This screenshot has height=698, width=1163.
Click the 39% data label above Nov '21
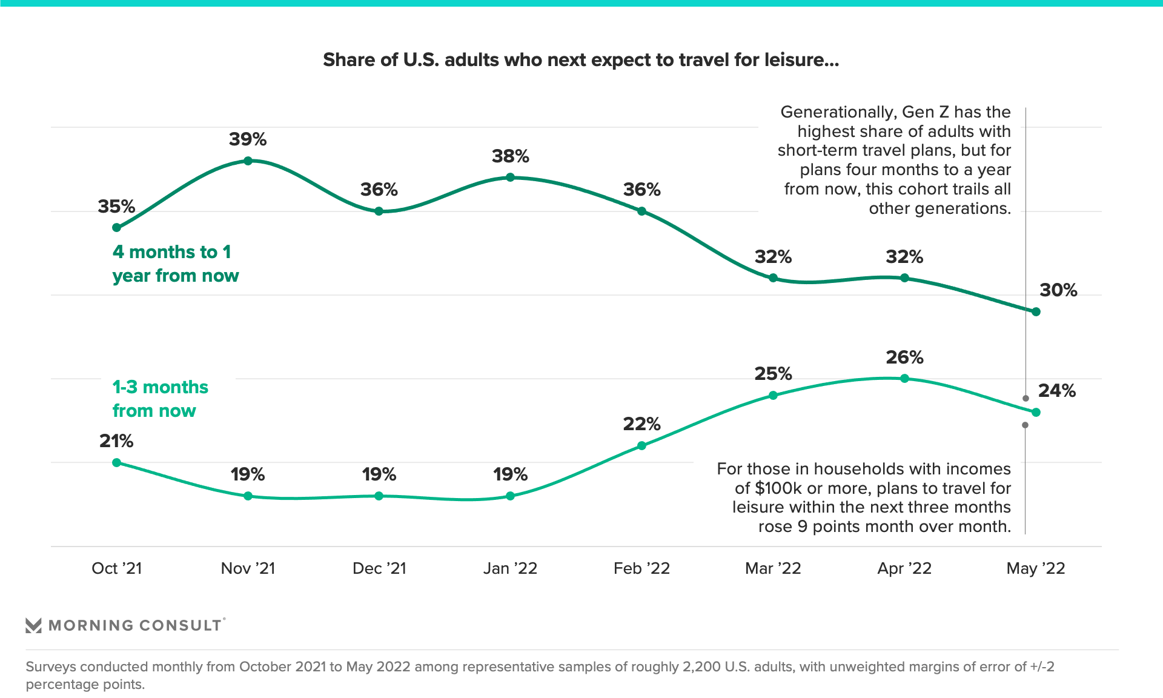click(248, 139)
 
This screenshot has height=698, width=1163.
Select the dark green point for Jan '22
click(510, 178)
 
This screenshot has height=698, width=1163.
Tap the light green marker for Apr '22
click(904, 379)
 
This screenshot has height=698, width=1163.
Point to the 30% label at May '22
click(1058, 290)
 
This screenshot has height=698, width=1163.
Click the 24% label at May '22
click(1057, 391)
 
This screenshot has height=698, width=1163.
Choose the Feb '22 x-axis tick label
click(641, 568)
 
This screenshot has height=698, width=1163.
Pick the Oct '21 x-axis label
click(116, 568)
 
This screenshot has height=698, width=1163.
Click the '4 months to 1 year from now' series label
click(175, 264)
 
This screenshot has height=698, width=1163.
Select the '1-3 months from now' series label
click(160, 399)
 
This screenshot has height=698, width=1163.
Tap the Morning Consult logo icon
click(33, 625)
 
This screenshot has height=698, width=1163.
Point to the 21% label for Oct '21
click(116, 441)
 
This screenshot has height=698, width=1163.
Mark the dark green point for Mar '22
click(773, 278)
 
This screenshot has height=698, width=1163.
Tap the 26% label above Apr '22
click(904, 357)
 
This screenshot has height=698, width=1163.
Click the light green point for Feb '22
click(641, 446)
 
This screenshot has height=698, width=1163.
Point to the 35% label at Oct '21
click(116, 207)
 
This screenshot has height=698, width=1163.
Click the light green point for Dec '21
click(379, 496)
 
